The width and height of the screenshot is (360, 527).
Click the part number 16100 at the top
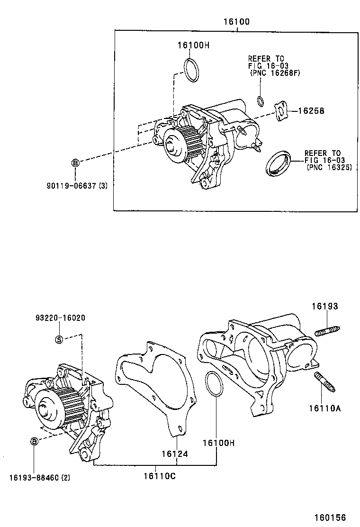click(x=237, y=22)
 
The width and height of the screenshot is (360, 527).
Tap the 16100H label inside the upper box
click(x=193, y=45)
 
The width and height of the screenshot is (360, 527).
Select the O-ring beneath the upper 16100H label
click(x=192, y=70)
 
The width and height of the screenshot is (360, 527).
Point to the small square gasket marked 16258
click(x=282, y=111)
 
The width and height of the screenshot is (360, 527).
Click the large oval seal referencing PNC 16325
click(x=278, y=163)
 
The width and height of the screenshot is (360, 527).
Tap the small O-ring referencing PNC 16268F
click(x=261, y=100)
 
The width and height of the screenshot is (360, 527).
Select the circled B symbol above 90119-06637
click(x=75, y=163)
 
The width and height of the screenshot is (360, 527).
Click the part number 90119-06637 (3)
click(x=77, y=186)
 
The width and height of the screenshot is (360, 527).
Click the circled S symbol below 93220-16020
click(x=59, y=339)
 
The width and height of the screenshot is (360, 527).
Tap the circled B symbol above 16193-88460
click(x=34, y=442)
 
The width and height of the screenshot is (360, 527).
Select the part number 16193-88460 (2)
click(x=39, y=477)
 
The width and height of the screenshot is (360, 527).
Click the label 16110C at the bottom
click(x=160, y=476)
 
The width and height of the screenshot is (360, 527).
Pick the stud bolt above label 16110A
click(x=325, y=382)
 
